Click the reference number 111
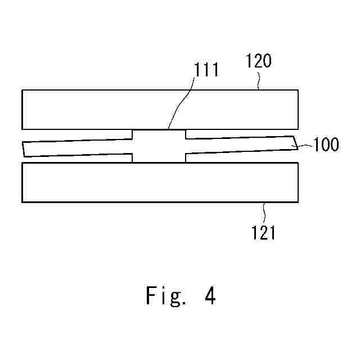(206, 70)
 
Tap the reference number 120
(259, 61)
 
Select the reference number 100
(326, 145)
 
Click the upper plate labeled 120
(160, 109)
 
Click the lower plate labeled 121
(160, 182)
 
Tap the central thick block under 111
(159, 146)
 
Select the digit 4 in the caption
(210, 295)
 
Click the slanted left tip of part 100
(23, 149)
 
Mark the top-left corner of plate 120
(22, 90)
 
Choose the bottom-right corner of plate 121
(298, 201)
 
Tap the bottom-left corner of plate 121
(22, 201)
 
